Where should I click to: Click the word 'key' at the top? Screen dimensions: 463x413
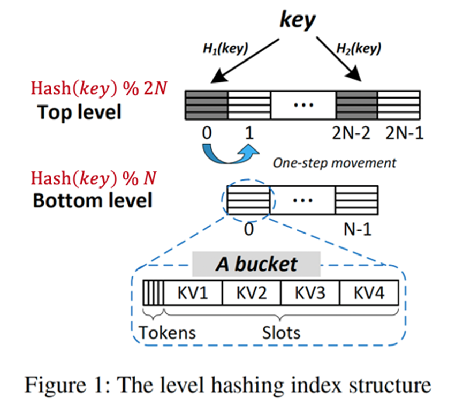pyautogui.click(x=298, y=20)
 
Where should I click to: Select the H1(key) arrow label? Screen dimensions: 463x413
pyautogui.click(x=225, y=48)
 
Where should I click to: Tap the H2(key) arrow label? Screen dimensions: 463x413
pyautogui.click(x=359, y=48)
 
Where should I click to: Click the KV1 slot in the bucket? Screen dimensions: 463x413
pyautogui.click(x=193, y=293)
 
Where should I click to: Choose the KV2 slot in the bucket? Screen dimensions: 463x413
pyautogui.click(x=251, y=293)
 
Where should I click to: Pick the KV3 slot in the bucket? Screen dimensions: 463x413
pyautogui.click(x=310, y=293)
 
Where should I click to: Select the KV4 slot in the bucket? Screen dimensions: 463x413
pyautogui.click(x=369, y=293)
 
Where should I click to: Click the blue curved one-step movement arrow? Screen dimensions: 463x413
pyautogui.click(x=229, y=161)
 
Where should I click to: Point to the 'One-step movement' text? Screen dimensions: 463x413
pyautogui.click(x=335, y=163)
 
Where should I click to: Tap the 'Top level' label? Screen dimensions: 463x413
pyautogui.click(x=79, y=112)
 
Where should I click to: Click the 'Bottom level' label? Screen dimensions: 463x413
pyautogui.click(x=93, y=200)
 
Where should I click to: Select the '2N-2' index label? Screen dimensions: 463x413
pyautogui.click(x=351, y=133)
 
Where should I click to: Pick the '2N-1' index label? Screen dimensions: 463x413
pyautogui.click(x=405, y=133)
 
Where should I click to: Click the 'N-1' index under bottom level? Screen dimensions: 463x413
pyautogui.click(x=358, y=229)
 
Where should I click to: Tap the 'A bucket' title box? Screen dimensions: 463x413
pyautogui.click(x=256, y=264)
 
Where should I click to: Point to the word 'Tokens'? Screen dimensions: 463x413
pyautogui.click(x=167, y=333)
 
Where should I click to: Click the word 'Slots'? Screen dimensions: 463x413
pyautogui.click(x=281, y=333)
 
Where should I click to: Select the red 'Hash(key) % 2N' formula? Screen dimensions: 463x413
pyautogui.click(x=99, y=88)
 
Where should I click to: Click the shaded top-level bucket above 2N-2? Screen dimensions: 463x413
pyautogui.click(x=356, y=105)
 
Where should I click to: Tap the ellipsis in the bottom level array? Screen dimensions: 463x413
pyautogui.click(x=302, y=201)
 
